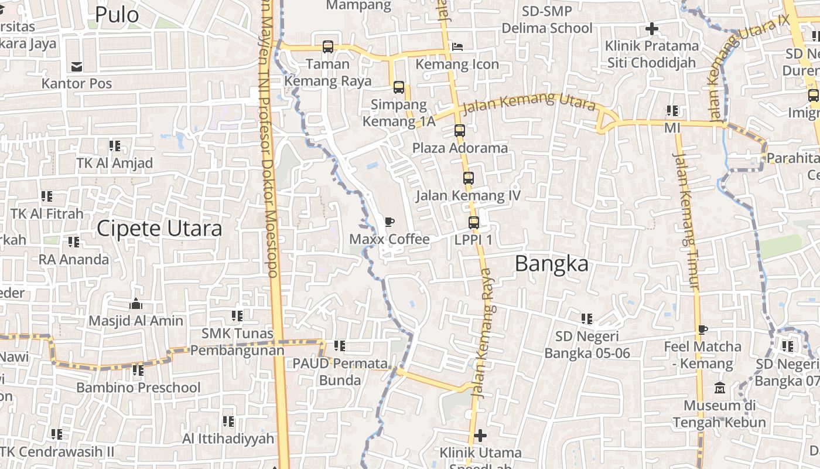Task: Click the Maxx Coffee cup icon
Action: (389, 222)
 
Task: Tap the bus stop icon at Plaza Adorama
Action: (460, 130)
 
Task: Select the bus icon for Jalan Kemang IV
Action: (468, 178)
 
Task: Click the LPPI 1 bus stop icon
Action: (474, 222)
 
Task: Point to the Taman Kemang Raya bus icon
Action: (328, 46)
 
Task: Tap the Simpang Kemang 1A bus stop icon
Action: (399, 87)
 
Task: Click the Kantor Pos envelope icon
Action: (76, 66)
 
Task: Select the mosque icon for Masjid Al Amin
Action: (136, 304)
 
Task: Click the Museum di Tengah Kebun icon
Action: (719, 388)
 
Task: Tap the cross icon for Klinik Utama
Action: (480, 436)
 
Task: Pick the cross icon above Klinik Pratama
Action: (651, 28)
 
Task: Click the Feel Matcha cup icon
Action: (702, 329)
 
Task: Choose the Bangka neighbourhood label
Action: (552, 264)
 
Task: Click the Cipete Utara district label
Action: (159, 229)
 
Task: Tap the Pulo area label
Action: (117, 15)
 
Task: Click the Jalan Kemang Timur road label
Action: (686, 220)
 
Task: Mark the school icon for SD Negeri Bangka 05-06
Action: (587, 318)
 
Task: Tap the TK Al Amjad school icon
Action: (115, 145)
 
